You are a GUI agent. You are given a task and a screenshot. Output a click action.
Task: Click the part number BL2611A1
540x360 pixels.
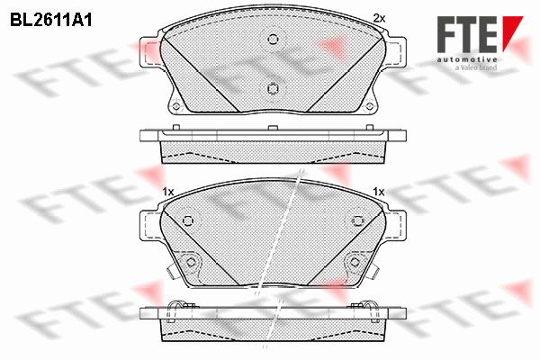(51, 21)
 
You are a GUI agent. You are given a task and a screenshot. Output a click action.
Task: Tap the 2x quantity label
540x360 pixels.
(379, 18)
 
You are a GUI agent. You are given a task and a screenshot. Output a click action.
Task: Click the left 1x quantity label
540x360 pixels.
(168, 192)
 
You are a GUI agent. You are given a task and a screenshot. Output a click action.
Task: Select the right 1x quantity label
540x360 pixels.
(379, 192)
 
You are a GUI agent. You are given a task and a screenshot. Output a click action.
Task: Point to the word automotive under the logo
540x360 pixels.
(467, 59)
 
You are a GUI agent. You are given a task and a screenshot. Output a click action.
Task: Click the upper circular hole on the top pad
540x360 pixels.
(273, 40)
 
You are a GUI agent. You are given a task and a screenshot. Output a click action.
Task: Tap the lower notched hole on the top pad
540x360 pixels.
(273, 89)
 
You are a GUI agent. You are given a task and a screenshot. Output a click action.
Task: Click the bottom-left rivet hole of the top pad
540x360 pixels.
(176, 106)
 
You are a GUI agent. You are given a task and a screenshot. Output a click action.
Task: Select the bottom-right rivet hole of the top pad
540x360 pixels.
(370, 106)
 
